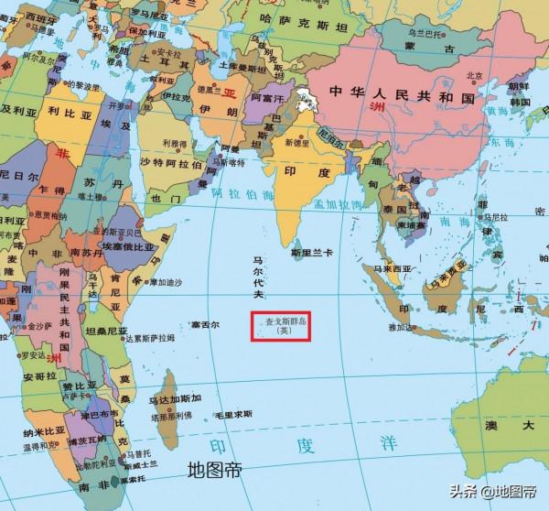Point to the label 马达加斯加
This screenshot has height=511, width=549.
coord(195,399)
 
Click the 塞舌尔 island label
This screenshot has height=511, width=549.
coord(205,324)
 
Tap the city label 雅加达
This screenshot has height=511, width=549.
coord(403,325)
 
